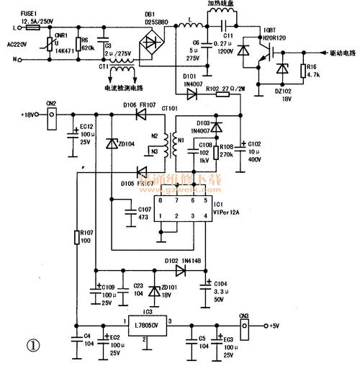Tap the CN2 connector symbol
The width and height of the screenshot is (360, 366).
52,116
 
